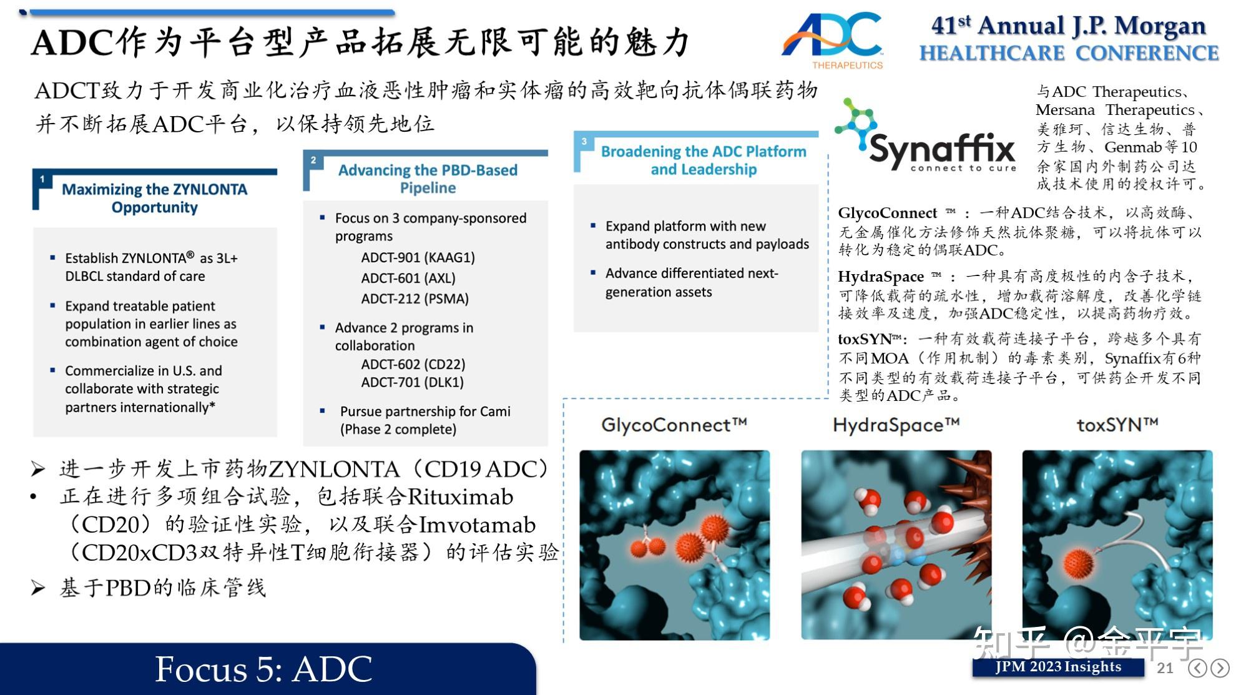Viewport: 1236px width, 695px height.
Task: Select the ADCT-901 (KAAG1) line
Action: tap(418, 257)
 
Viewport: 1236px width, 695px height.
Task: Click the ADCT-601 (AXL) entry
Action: tap(408, 278)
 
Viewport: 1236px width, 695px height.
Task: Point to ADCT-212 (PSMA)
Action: tap(414, 298)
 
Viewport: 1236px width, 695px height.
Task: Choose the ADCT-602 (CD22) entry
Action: tap(413, 364)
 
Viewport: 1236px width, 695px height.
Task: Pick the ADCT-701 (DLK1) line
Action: tap(412, 382)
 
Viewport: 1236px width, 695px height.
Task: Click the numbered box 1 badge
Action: tap(42, 179)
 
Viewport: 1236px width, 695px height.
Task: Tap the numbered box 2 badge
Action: tap(313, 160)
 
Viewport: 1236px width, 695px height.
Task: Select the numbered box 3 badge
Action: tap(584, 142)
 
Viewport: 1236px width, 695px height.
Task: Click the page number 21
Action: tap(1164, 668)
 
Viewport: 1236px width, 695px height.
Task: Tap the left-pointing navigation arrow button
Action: tap(1197, 668)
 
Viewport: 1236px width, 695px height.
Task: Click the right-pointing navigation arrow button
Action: tap(1219, 668)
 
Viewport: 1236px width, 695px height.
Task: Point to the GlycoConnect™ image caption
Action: tap(674, 425)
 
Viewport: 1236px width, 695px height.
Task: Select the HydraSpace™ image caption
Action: tap(896, 425)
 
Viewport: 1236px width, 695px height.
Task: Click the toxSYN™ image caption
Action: tap(1117, 425)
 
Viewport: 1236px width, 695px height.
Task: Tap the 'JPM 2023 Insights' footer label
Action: tap(1058, 667)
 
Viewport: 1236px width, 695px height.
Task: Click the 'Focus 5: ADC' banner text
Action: tap(263, 669)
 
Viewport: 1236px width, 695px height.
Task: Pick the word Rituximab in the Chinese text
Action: tap(460, 497)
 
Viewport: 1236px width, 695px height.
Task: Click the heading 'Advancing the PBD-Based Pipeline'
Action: tap(428, 179)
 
